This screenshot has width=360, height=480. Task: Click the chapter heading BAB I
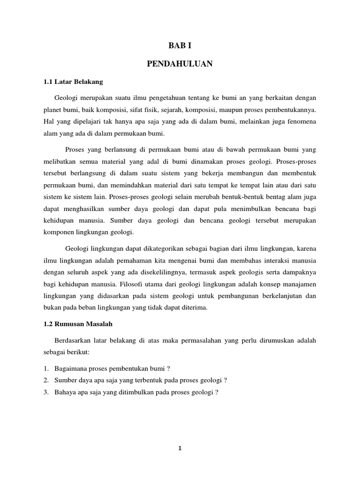(180, 45)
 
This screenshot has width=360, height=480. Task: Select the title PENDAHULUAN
(180, 63)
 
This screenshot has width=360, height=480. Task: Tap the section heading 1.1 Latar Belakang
(73, 81)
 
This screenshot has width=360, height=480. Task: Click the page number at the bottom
(180, 448)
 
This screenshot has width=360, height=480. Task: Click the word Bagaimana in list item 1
(71, 368)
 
